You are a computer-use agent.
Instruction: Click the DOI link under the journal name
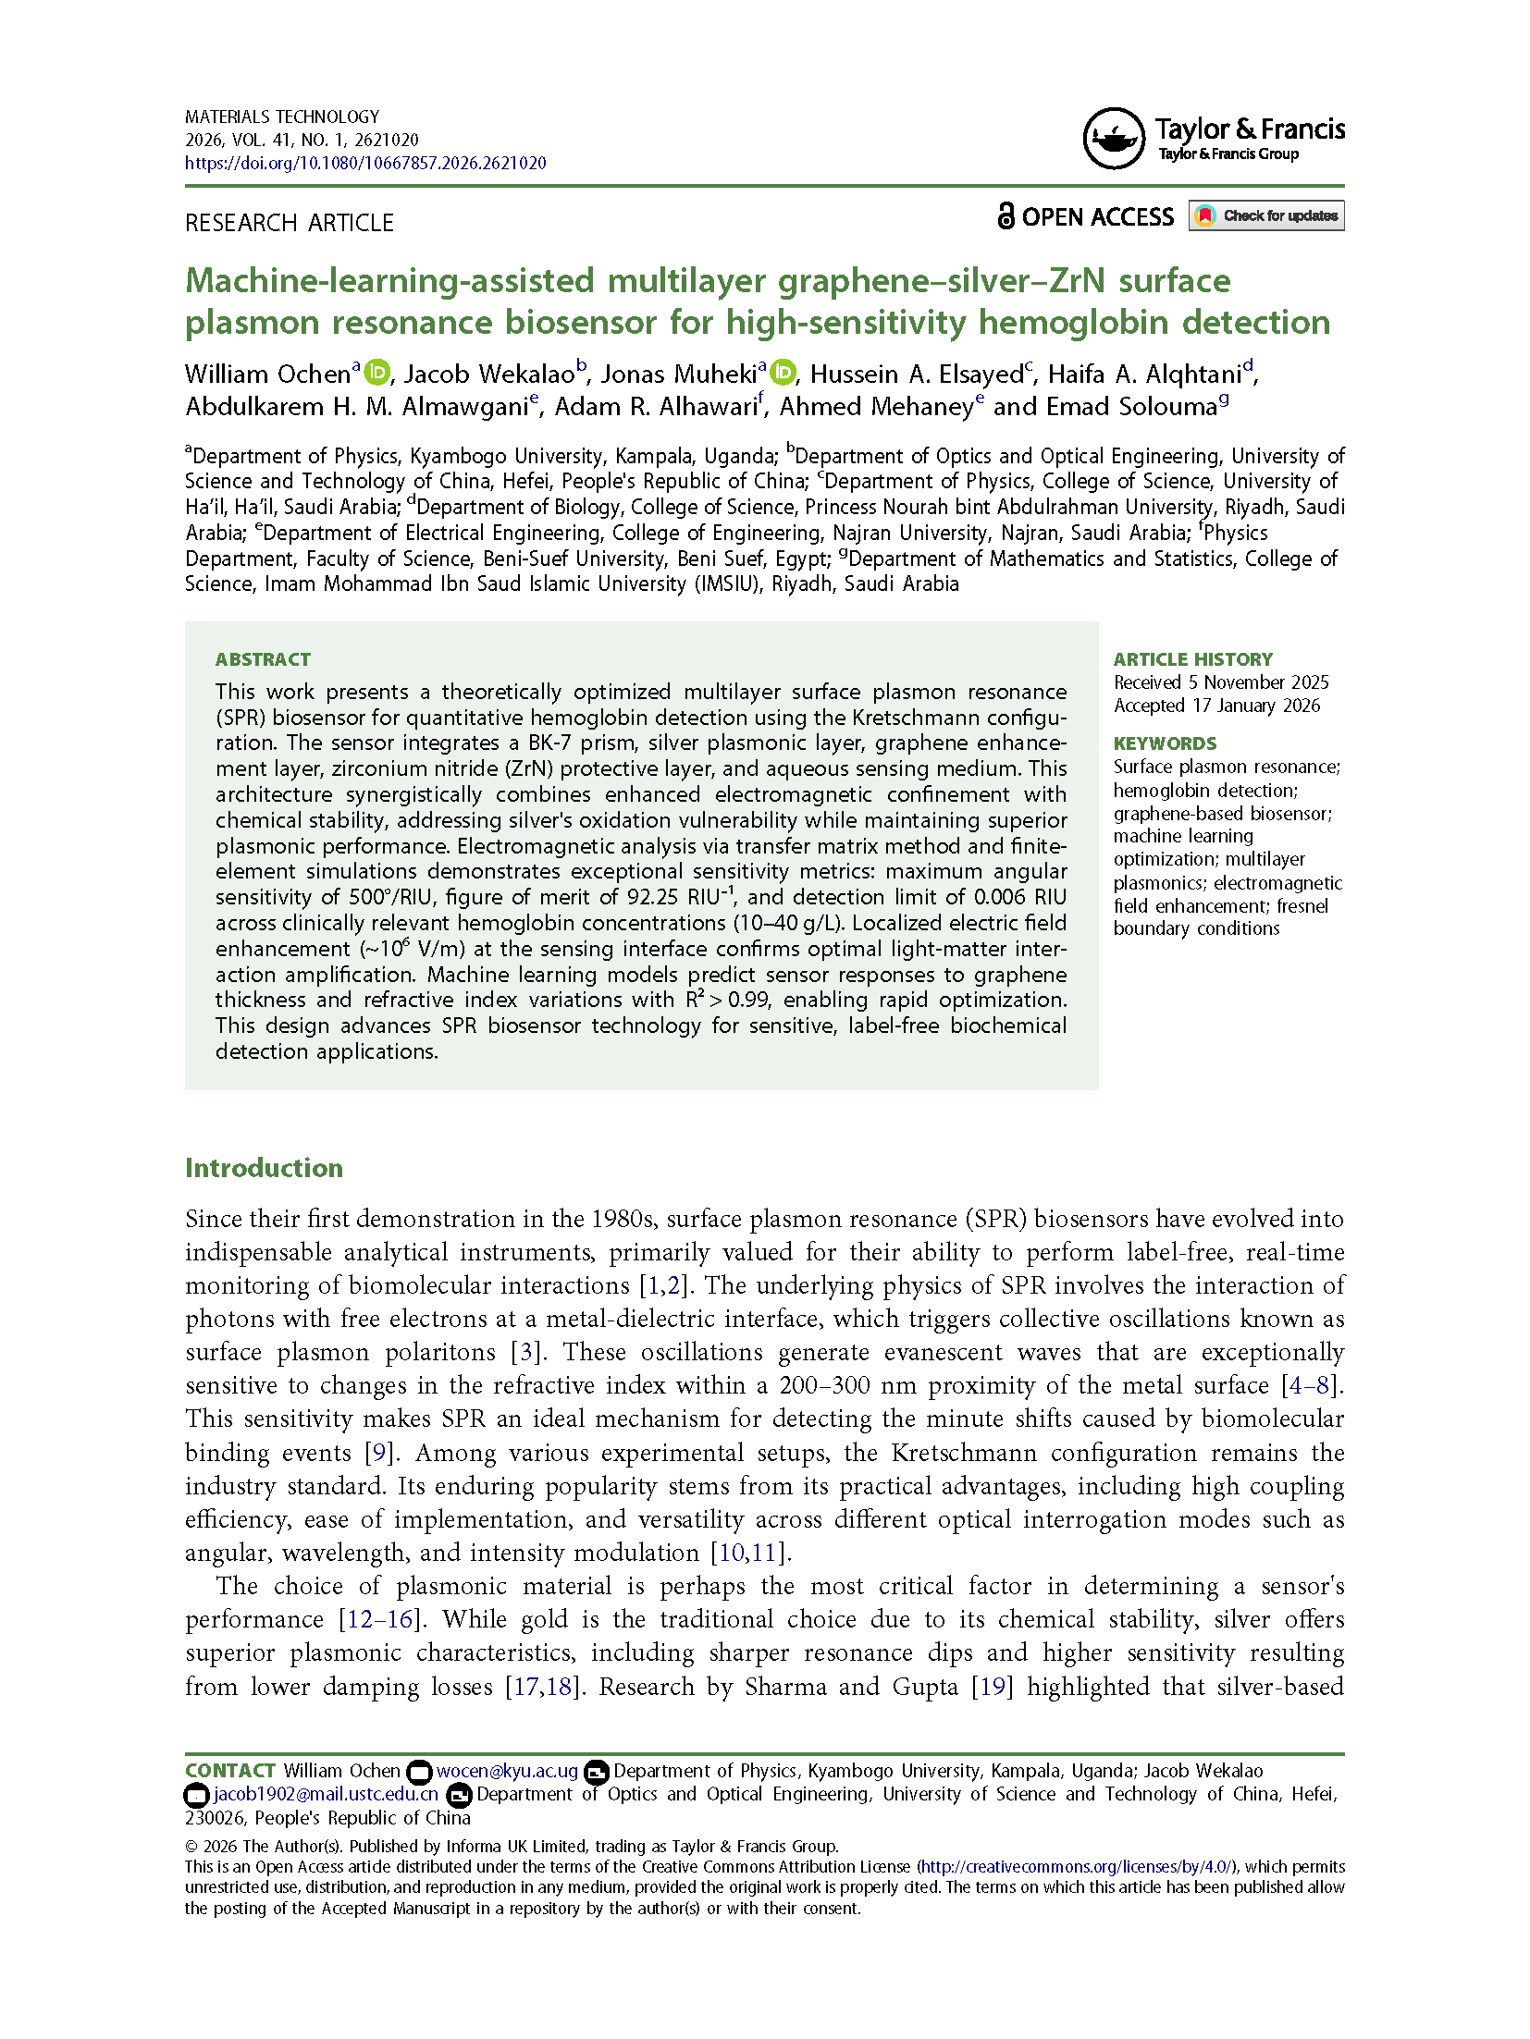[365, 164]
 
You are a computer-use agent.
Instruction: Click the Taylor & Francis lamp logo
[1114, 139]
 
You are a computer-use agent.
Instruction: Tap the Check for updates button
[1265, 216]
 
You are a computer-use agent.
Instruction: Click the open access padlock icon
[1006, 216]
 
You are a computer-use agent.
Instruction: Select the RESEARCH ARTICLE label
[290, 223]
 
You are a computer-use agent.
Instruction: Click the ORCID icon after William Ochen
[377, 373]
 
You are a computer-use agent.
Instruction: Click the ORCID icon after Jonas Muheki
[783, 373]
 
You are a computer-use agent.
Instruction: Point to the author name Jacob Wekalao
[489, 375]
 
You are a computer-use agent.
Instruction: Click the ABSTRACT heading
[263, 659]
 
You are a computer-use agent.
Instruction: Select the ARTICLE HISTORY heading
[1192, 659]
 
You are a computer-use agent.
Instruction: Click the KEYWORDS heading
[1165, 743]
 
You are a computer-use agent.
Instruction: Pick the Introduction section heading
[264, 1168]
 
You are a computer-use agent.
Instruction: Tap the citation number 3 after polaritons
[525, 1352]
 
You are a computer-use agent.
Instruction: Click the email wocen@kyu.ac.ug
[507, 1771]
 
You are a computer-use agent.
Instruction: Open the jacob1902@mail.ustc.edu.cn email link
[326, 1794]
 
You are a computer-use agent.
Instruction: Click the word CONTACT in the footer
[230, 1771]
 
